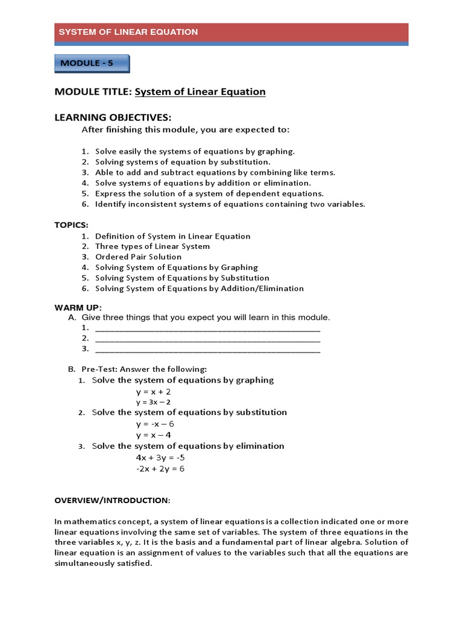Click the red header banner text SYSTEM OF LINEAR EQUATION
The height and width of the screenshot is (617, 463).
(x=128, y=32)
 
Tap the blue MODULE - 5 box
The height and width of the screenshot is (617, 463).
(x=92, y=63)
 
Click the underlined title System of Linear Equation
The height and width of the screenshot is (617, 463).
(x=200, y=92)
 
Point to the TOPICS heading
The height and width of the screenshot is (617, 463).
(x=71, y=224)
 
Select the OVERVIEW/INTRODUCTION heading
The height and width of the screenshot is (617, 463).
(x=113, y=500)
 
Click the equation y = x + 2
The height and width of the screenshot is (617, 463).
(x=153, y=391)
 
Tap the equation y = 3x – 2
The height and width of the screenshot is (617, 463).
(x=153, y=402)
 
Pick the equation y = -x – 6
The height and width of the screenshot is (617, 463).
(x=155, y=424)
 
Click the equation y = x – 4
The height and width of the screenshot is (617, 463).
(x=153, y=434)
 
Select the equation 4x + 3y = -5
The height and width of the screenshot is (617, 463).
(x=160, y=457)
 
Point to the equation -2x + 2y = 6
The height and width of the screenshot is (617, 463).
(x=160, y=468)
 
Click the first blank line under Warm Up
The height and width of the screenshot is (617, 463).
(x=208, y=328)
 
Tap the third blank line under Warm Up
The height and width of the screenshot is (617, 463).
(x=208, y=349)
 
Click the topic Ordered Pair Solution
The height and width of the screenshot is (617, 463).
(x=138, y=257)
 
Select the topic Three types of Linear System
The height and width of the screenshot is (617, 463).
(x=153, y=246)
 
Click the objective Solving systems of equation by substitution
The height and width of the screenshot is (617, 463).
(x=183, y=161)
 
